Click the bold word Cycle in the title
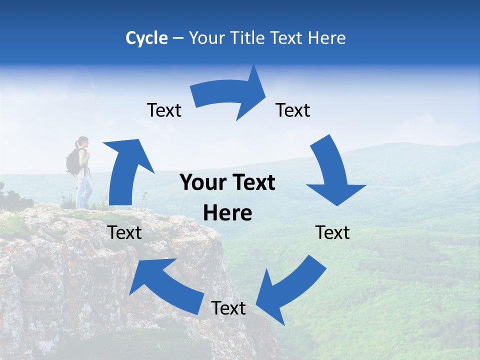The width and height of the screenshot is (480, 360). coord(146,38)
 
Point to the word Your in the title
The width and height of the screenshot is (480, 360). coord(206,38)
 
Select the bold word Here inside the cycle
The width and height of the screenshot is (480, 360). coord(227,213)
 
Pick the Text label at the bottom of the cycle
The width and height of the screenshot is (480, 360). coord(228,308)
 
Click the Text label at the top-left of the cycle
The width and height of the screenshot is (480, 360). coord(164,110)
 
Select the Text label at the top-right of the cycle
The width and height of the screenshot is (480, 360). coord(293,110)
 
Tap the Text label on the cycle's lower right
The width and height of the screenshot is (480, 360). coord(332,232)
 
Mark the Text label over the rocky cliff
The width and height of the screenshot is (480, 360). coord(124,232)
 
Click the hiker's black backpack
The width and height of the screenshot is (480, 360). coord(73,162)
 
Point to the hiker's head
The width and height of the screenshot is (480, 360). coord(83,141)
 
